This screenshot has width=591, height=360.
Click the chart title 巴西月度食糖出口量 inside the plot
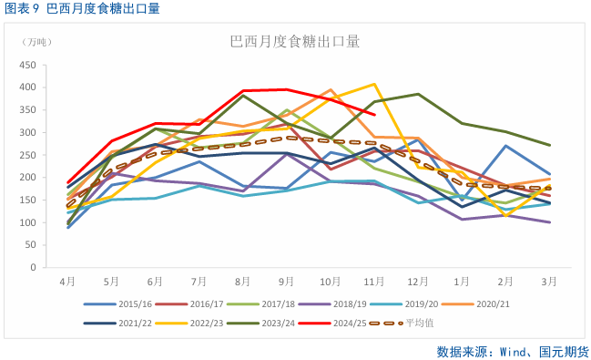tap(294, 42)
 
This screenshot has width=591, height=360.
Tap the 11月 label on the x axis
tap(374, 282)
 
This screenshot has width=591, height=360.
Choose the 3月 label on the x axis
tap(549, 282)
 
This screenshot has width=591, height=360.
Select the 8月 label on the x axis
tap(243, 282)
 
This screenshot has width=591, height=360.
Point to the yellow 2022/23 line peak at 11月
tap(374, 84)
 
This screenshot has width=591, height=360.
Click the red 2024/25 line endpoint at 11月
tap(374, 114)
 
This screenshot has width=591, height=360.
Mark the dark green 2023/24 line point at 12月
tap(418, 94)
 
